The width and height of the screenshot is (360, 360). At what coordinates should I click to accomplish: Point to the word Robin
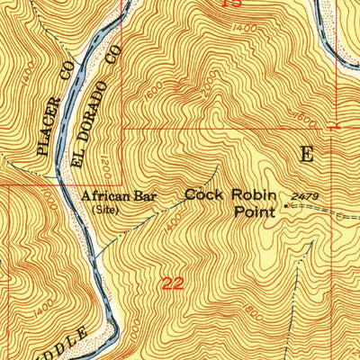251,194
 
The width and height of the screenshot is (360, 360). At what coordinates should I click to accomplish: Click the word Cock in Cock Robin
203,194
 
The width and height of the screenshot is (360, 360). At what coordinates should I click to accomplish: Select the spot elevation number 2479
304,195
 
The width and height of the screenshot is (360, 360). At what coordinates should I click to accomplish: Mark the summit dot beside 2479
287,206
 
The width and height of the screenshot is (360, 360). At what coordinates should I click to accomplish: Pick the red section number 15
232,4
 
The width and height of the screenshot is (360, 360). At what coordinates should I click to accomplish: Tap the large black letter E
308,154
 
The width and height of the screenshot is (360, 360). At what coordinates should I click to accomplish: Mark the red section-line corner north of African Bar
121,129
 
